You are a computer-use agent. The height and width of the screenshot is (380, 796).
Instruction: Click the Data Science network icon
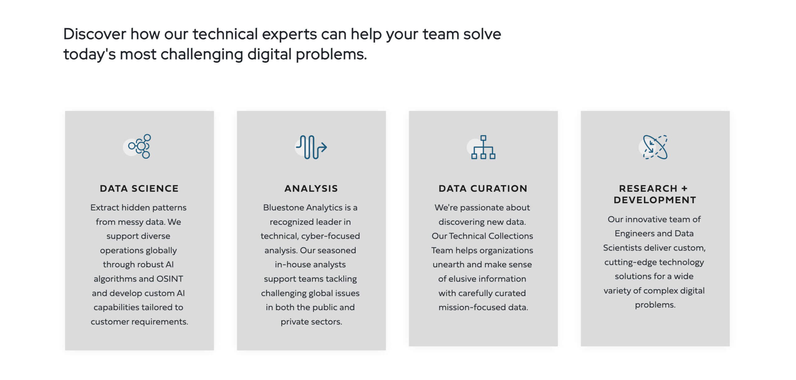140,146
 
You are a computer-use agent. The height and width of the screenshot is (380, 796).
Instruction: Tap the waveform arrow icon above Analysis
311,147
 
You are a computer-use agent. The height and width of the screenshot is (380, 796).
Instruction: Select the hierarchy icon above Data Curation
483,147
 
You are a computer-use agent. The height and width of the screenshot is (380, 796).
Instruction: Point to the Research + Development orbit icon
655,147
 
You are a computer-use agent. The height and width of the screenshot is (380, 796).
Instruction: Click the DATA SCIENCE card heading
139,188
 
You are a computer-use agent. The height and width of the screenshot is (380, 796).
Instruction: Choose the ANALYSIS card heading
311,188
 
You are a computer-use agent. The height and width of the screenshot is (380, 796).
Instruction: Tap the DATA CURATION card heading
483,188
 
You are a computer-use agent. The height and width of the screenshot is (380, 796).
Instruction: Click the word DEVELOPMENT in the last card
655,200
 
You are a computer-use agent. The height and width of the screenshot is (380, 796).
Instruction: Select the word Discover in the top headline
95,34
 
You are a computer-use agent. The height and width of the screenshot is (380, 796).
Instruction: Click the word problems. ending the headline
331,54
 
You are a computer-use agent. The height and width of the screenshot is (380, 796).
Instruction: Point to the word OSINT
170,279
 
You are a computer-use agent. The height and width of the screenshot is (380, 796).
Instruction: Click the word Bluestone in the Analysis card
283,207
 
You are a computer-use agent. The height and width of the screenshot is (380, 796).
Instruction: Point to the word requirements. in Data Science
160,322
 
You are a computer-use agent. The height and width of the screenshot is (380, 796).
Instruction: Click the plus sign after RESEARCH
684,188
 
